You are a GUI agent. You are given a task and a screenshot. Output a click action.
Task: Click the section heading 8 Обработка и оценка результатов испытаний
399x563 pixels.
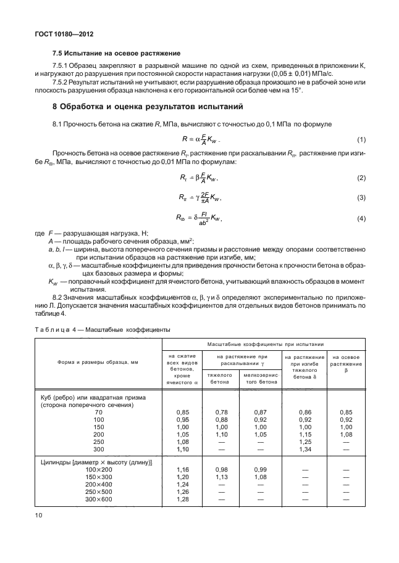(148, 106)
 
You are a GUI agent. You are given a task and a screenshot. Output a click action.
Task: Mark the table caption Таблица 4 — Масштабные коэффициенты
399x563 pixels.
(102, 329)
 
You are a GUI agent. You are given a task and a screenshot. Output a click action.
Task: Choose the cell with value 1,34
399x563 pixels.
(304, 450)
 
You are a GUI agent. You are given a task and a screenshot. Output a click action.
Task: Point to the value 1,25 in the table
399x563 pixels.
(304, 442)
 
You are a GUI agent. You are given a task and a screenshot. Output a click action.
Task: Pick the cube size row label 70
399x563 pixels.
(94, 410)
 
